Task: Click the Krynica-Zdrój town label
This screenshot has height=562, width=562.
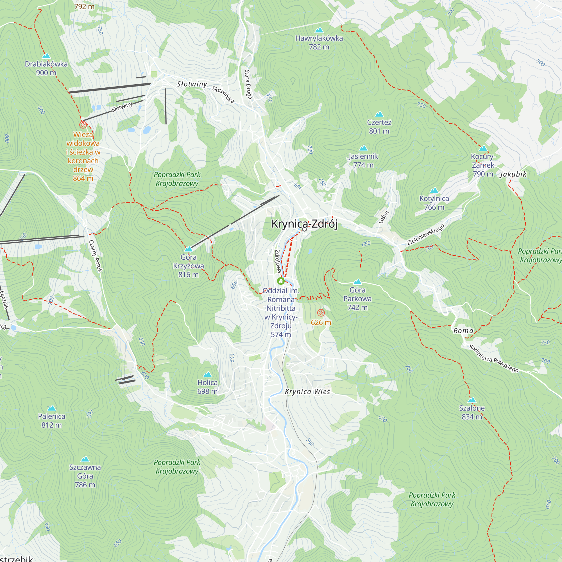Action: [304, 224]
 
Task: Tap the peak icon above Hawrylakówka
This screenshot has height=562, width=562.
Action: [319, 30]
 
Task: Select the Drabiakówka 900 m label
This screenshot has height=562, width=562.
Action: [46, 68]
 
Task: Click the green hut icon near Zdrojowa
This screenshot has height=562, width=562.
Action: [281, 281]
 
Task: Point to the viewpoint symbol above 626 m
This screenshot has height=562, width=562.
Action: [321, 313]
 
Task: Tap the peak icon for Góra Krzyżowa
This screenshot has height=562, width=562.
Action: [189, 249]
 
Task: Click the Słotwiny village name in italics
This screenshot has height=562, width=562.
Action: [192, 84]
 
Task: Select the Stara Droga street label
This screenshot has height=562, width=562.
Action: [248, 84]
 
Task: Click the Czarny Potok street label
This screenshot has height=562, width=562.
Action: [96, 256]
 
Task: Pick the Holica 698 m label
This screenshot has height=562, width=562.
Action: [207, 387]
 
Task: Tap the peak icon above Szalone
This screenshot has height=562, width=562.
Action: [472, 400]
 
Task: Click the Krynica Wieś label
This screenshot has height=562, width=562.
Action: [307, 391]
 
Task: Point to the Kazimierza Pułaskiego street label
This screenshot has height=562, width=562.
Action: [494, 358]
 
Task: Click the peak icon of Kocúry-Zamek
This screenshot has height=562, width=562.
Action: [483, 148]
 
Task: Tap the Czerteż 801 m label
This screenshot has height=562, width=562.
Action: [379, 126]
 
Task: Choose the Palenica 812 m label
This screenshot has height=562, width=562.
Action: [51, 420]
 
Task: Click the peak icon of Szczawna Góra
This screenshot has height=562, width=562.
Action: [85, 459]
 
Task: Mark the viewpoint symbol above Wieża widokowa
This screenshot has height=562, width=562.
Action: [83, 125]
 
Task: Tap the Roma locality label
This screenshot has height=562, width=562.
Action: [463, 331]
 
